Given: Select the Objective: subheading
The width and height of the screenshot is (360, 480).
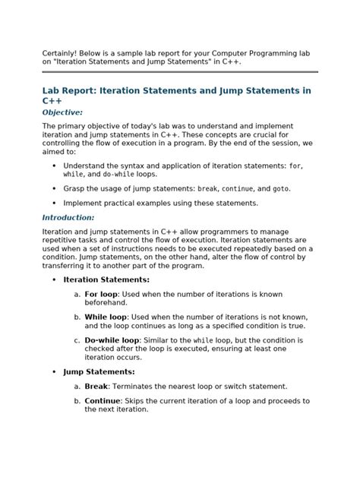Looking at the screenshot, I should point(62,112).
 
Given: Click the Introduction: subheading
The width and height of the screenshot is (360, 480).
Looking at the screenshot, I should point(68,218).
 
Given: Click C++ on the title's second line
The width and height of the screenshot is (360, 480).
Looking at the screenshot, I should point(52,100).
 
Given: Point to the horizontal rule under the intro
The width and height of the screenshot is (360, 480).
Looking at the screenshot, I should point(179,72).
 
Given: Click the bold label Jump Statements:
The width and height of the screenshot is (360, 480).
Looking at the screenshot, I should point(99,372).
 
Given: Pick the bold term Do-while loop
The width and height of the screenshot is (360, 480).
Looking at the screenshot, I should point(112,340).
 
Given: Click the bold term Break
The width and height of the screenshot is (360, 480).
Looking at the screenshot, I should point(96,387).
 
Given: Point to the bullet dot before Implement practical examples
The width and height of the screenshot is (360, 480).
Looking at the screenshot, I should point(54,203).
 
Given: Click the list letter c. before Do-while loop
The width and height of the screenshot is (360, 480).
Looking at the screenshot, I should point(77,340).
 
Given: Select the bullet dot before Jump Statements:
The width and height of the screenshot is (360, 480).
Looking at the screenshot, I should point(54,372).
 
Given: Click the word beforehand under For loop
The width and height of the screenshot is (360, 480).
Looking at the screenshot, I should point(106,302).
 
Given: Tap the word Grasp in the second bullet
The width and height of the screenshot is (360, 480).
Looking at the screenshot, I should point(75,188).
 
